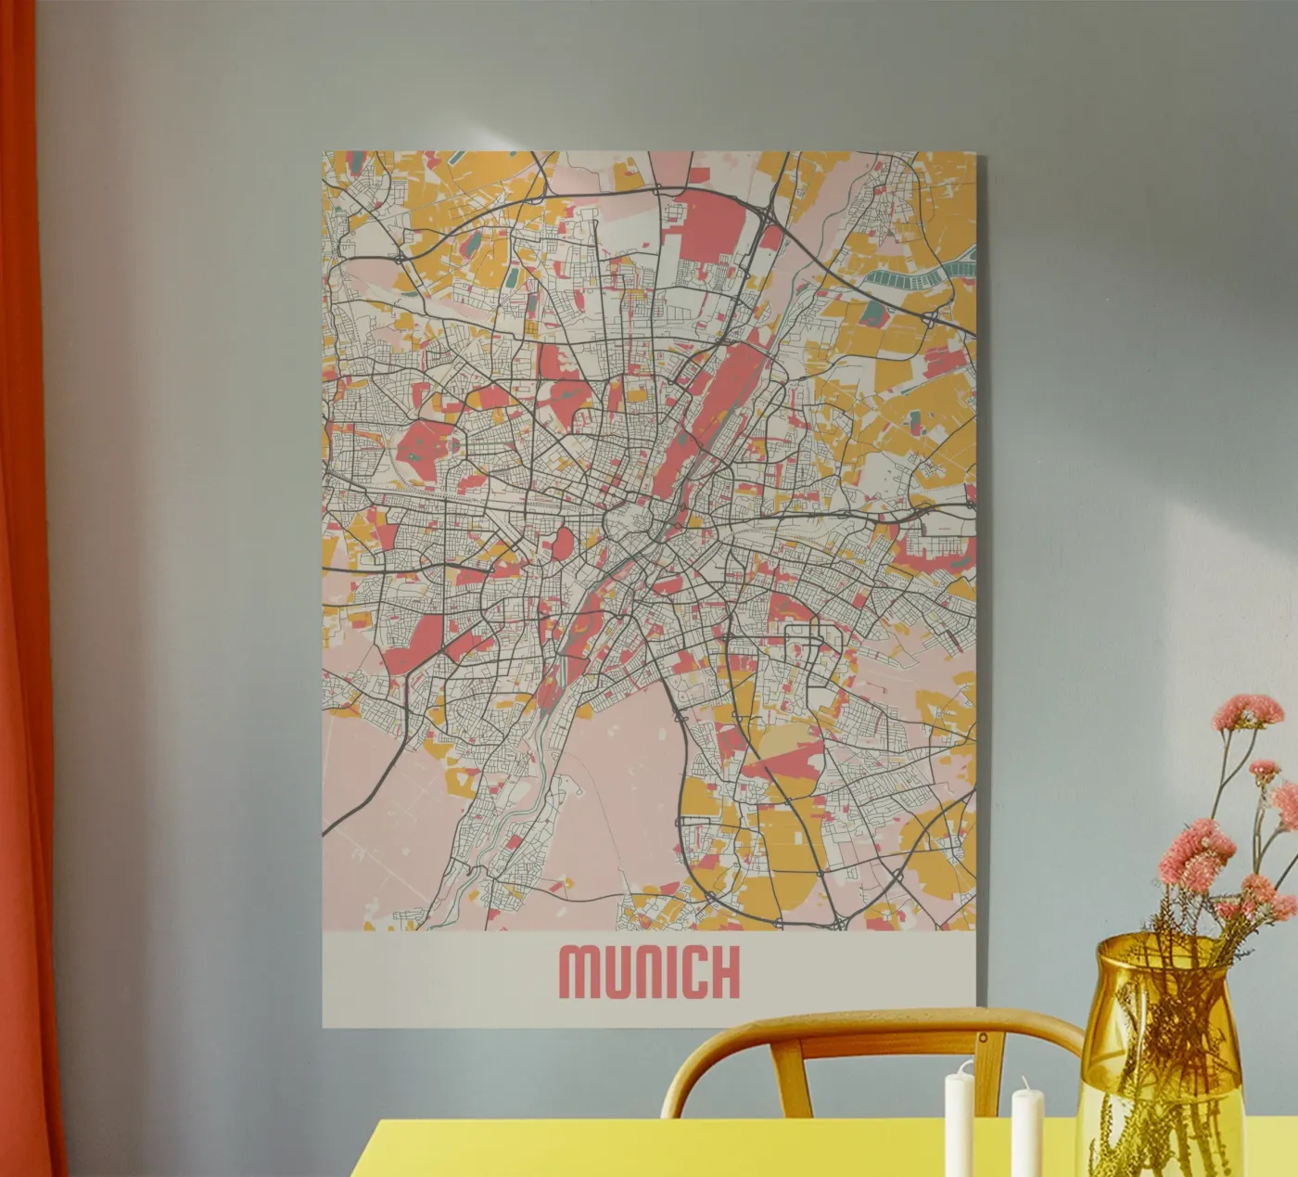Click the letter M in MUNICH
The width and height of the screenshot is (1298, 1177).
click(581, 971)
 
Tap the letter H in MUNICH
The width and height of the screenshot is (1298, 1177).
click(724, 971)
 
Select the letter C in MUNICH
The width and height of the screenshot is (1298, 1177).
click(689, 971)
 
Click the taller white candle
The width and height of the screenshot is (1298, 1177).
click(959, 1127)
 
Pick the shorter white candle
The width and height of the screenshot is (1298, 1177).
click(1026, 1136)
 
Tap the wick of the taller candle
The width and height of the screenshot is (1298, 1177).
click(960, 1067)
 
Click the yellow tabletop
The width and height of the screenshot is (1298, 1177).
click(649, 1155)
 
